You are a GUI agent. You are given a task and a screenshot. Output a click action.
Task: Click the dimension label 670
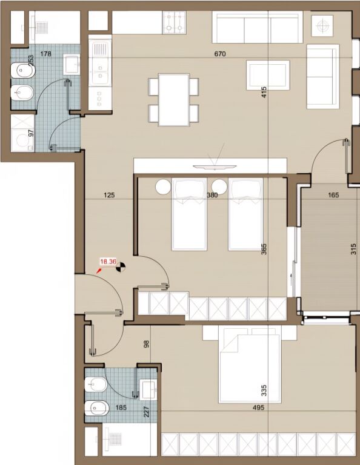(220, 54)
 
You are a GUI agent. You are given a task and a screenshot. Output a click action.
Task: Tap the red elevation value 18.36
(108, 262)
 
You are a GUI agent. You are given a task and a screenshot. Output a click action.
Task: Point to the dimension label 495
(259, 407)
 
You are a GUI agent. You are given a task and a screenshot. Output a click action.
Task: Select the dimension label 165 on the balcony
(333, 196)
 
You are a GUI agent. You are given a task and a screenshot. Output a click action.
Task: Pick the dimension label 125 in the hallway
(109, 196)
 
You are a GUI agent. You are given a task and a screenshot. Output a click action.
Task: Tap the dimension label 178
(45, 54)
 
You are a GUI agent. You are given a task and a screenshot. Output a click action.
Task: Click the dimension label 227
(145, 411)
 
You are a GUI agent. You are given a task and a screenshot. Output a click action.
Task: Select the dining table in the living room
(174, 99)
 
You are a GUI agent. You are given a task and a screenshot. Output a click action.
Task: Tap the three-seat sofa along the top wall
(258, 27)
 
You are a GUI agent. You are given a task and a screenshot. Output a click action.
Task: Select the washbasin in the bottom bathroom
(148, 388)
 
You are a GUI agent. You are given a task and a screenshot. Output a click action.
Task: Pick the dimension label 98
(145, 344)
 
